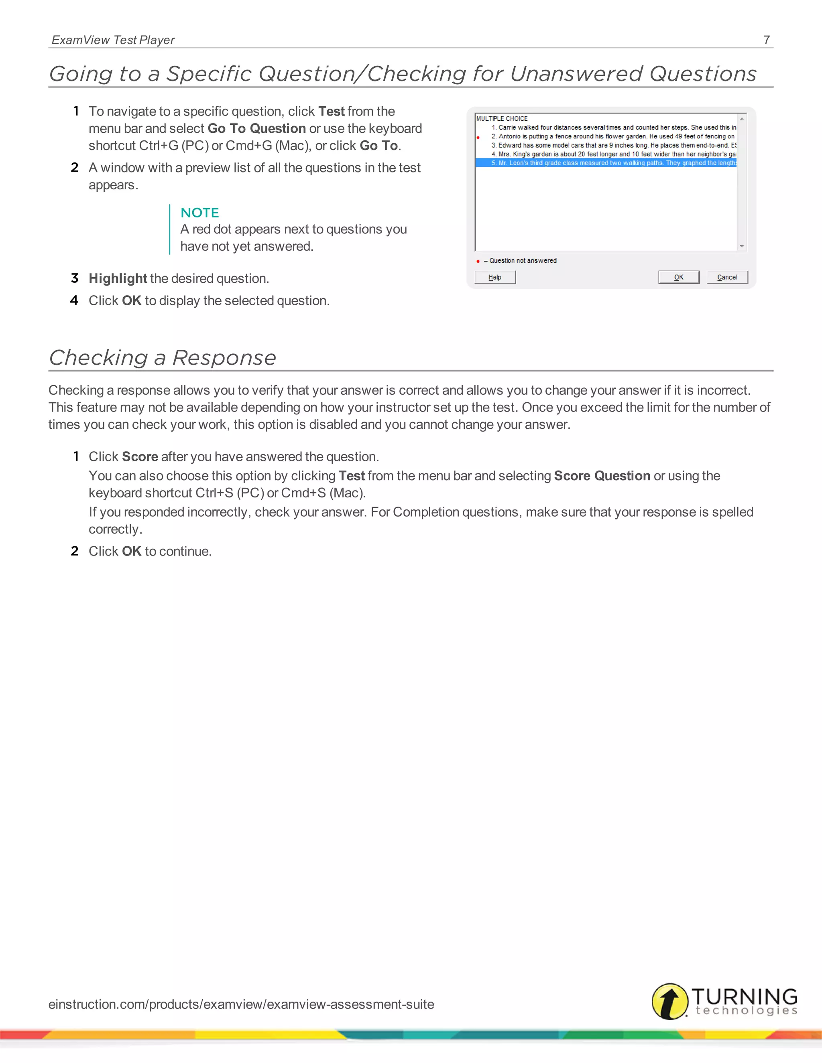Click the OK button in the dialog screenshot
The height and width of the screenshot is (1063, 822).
[x=678, y=277]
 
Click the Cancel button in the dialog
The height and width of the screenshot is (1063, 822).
[x=726, y=277]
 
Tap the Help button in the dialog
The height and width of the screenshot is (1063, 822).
[x=495, y=277]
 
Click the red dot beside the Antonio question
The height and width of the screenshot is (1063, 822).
[x=478, y=138]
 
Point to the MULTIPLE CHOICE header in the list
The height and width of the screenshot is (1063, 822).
[x=502, y=118]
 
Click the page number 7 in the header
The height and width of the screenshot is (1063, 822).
[x=767, y=40]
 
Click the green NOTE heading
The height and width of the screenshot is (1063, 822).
[x=199, y=213]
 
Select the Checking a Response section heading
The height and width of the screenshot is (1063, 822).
[x=163, y=358]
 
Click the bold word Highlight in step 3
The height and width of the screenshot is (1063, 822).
[x=118, y=278]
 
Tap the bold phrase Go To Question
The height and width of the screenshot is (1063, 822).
[x=256, y=128]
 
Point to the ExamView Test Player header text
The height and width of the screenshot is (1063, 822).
[x=113, y=40]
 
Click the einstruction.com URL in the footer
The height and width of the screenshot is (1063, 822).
[x=241, y=1004]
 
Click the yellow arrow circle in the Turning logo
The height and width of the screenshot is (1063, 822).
[x=669, y=1001]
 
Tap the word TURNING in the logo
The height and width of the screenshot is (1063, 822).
[x=744, y=996]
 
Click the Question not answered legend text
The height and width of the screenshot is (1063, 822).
[x=523, y=261]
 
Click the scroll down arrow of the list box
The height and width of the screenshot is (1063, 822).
[x=742, y=246]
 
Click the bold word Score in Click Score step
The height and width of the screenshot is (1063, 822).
[x=140, y=456]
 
